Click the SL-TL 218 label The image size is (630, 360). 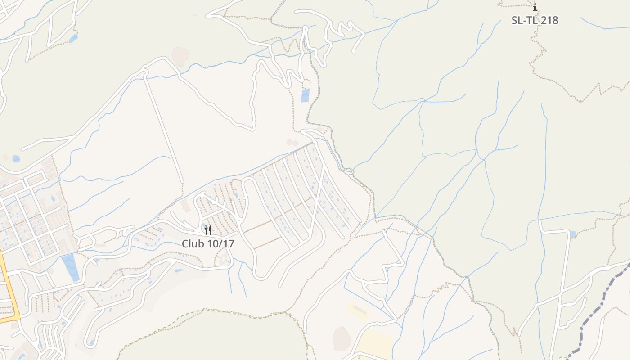pos(535,20)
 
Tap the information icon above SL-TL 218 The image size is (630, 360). pos(535,7)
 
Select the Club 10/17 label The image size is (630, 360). pos(208,243)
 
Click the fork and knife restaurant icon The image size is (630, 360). pos(208,230)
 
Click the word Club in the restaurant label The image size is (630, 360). pos(192,243)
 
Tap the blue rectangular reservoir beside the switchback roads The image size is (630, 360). pos(305,95)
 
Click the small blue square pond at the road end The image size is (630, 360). pos(572,234)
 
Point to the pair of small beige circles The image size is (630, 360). pos(292,143)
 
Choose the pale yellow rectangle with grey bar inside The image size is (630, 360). pos(358,310)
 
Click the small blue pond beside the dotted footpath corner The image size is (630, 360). pos(73,38)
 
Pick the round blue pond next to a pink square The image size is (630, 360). pos(16,158)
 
